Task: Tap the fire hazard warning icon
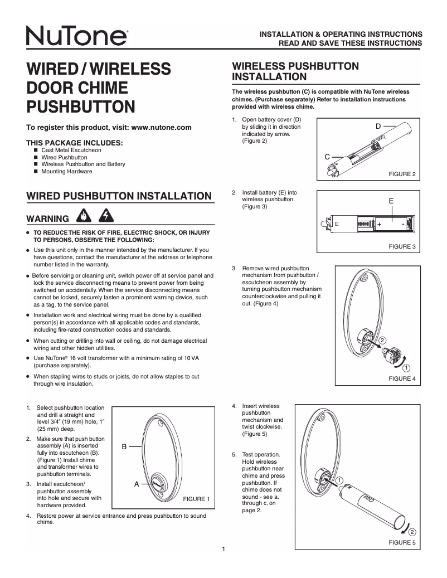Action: click(x=82, y=215)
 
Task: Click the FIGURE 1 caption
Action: click(x=196, y=499)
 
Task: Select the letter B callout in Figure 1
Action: click(x=125, y=446)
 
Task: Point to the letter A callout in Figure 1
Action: click(x=136, y=484)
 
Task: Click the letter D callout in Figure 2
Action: click(x=378, y=127)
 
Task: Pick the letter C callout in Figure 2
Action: click(x=328, y=157)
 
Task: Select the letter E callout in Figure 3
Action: click(x=391, y=201)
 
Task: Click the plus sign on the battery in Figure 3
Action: click(x=379, y=224)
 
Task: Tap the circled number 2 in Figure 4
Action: click(x=382, y=340)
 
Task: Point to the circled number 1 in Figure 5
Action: click(x=339, y=480)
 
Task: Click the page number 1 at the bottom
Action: click(x=223, y=550)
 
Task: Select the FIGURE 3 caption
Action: click(x=402, y=246)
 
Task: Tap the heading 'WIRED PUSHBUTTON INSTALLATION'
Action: click(x=119, y=196)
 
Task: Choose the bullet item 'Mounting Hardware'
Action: click(x=67, y=172)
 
